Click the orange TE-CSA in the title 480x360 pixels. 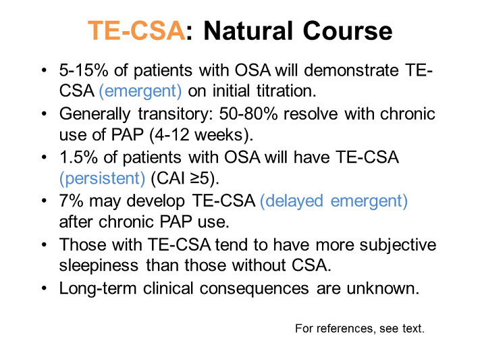pos(136,31)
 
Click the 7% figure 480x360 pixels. pos(70,201)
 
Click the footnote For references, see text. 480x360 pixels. pos(358,329)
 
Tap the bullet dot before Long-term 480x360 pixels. pos(45,288)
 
